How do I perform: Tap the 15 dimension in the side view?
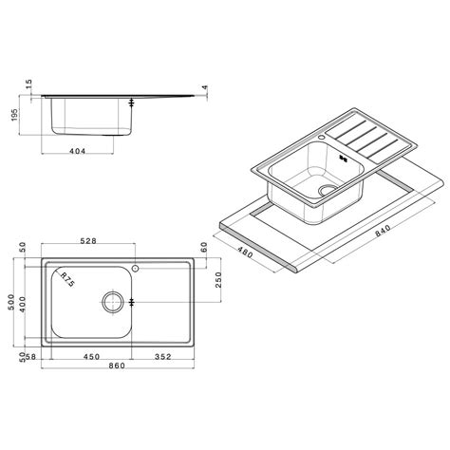[x=28, y=87]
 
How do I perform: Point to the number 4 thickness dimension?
[x=205, y=90]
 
